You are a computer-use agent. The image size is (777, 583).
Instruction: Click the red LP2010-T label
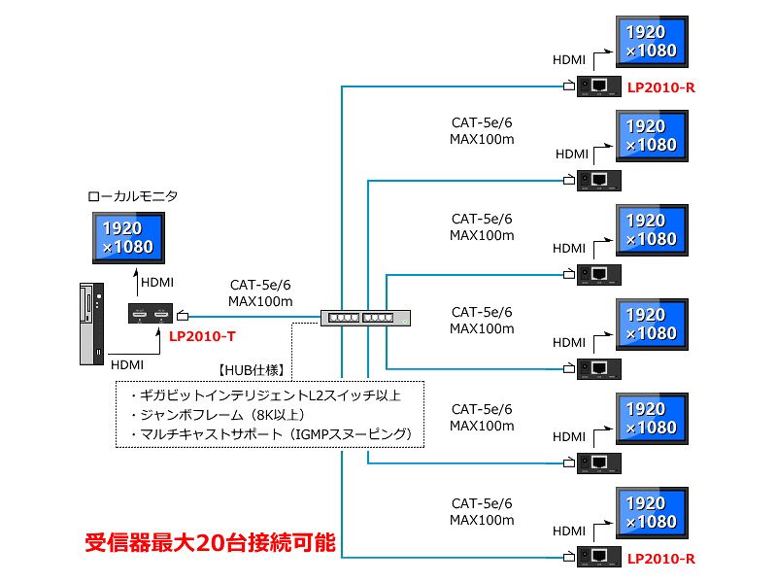202,336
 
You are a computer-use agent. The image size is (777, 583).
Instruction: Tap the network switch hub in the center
365,317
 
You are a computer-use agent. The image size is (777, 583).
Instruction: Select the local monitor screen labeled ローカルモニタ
123,237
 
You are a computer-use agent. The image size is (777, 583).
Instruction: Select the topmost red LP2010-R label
660,87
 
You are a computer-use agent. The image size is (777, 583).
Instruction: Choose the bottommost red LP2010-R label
660,559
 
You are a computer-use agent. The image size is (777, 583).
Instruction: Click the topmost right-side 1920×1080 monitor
652,42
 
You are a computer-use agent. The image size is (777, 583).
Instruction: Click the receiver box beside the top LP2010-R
599,86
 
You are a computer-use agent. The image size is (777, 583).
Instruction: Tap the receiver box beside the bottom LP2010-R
599,558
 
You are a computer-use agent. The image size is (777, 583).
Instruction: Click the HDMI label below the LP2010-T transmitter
128,365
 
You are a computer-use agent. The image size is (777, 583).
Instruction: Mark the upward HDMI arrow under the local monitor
135,282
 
